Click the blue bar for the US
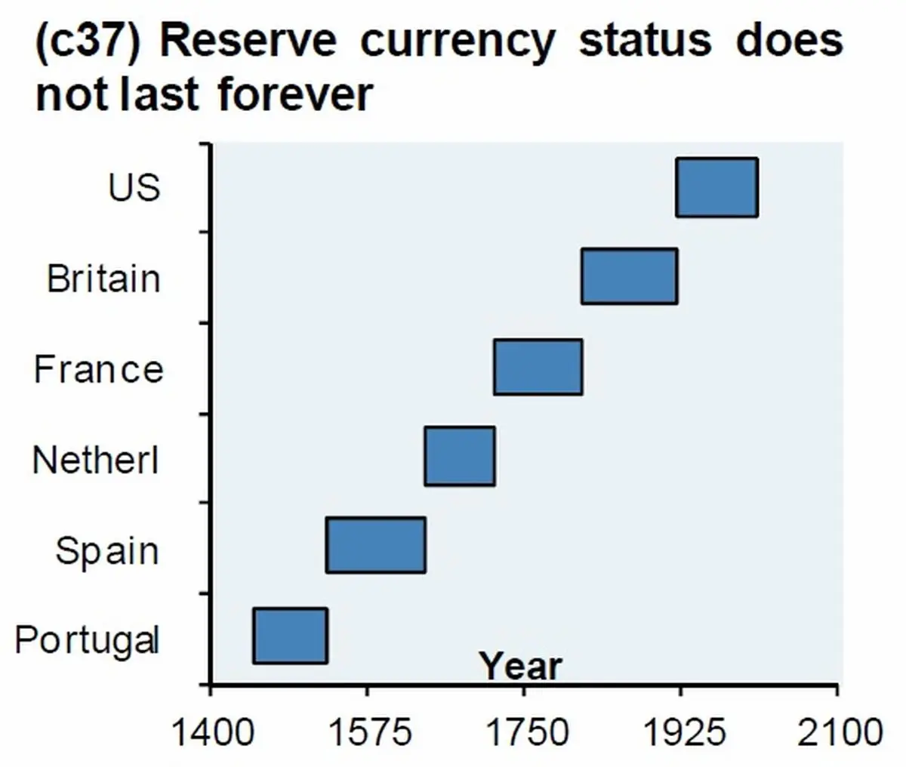(716, 187)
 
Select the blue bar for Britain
(629, 276)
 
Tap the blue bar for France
(538, 367)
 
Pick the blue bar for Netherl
(459, 455)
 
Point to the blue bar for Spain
(375, 545)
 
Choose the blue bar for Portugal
(290, 636)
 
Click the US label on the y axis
(134, 186)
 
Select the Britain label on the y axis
(103, 278)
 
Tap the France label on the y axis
(98, 369)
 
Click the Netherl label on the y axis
(96, 459)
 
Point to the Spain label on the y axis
(106, 550)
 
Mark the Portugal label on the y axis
(87, 640)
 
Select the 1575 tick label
(366, 732)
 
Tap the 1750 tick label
(523, 732)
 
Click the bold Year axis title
(521, 667)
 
